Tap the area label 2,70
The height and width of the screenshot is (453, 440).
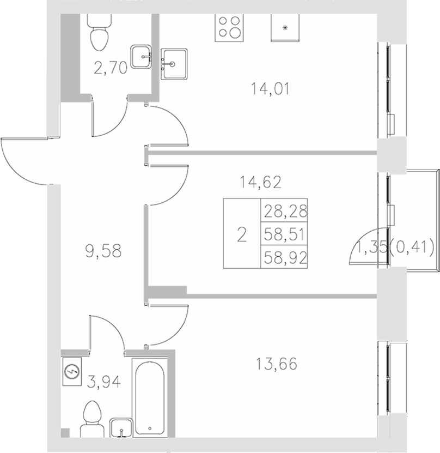click(111, 68)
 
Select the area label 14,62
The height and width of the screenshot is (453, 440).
click(261, 183)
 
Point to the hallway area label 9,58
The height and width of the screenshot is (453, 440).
click(103, 251)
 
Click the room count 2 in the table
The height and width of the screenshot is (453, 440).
click(242, 234)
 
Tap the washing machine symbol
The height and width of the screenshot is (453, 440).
click(72, 372)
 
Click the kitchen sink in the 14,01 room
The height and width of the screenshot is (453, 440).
click(174, 64)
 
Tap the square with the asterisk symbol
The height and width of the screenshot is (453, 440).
click(285, 26)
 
